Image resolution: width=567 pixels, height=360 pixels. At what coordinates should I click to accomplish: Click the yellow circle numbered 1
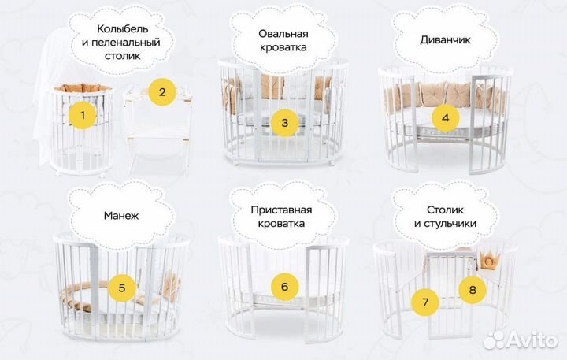[x=83, y=117]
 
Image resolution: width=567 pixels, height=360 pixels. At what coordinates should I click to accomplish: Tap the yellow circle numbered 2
[x=162, y=91]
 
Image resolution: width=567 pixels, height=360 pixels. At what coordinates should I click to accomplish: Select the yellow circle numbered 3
[x=284, y=122]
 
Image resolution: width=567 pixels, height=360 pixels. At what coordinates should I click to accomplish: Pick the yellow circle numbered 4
[x=445, y=118]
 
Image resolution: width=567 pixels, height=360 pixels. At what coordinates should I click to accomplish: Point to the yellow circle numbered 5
[x=121, y=287]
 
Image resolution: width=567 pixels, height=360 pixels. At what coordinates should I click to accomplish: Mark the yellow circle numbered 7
[x=425, y=300]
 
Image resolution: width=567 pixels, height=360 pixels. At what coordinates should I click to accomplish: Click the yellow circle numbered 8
[x=472, y=290]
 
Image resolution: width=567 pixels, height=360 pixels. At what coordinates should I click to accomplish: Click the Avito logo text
[x=531, y=340]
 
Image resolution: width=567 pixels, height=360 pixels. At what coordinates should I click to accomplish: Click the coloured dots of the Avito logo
[x=496, y=340]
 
